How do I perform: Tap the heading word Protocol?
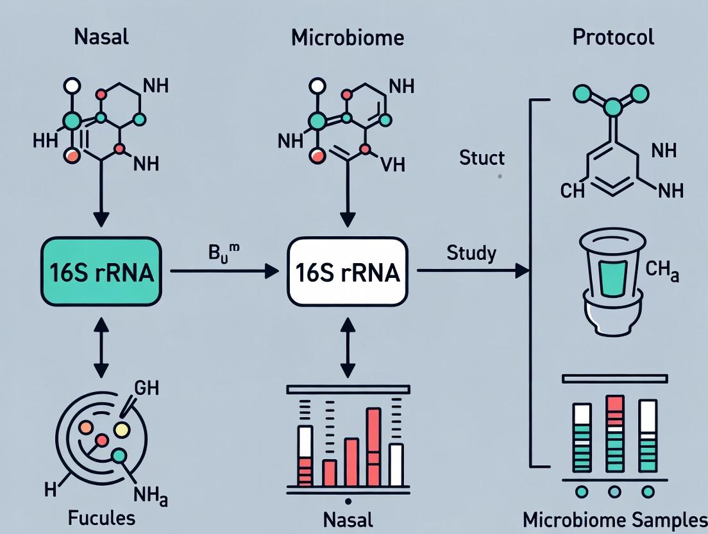click(x=613, y=37)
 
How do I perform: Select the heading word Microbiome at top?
click(x=348, y=37)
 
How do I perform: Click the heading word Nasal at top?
click(x=101, y=37)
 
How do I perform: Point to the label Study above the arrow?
click(x=472, y=252)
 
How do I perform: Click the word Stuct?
click(x=482, y=157)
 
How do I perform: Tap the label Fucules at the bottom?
click(x=102, y=517)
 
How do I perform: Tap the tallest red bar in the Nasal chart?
click(x=373, y=447)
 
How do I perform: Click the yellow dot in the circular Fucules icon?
click(x=121, y=429)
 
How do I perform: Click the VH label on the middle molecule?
click(x=392, y=164)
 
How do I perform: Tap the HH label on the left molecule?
click(x=44, y=141)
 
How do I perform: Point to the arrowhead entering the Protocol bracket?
click(x=523, y=271)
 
